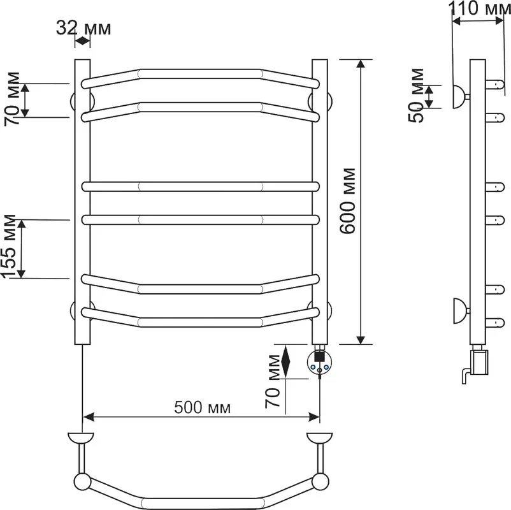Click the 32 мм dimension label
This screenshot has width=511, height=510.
point(83,28)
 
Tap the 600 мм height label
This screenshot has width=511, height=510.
point(347,201)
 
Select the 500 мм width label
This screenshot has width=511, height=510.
point(203,407)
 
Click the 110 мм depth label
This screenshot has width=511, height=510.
point(480,8)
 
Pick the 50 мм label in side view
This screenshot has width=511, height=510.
point(416,95)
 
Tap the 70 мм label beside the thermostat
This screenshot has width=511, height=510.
point(273,381)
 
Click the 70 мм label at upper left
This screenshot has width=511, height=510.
point(11,99)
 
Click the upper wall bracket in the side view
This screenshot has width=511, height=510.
point(459,96)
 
